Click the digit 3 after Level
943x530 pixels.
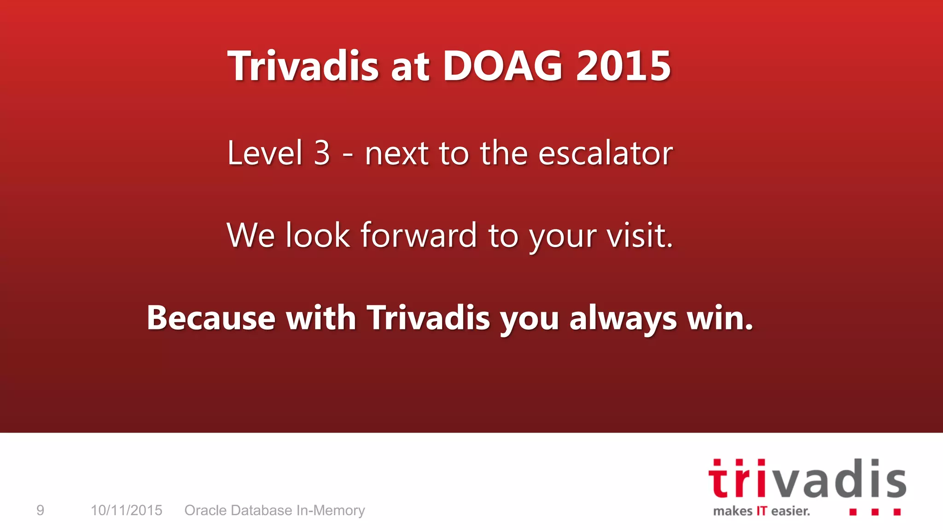point(322,153)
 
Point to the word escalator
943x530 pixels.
point(605,153)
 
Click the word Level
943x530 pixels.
point(265,153)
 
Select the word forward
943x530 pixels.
point(418,236)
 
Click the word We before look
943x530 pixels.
point(251,236)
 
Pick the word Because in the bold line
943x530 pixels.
point(211,318)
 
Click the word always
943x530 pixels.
point(623,319)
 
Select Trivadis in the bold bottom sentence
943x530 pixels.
point(428,318)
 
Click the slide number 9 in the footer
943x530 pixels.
point(41,510)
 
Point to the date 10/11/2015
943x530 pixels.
point(126,510)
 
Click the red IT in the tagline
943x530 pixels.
point(762,511)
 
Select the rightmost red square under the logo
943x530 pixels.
point(897,512)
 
